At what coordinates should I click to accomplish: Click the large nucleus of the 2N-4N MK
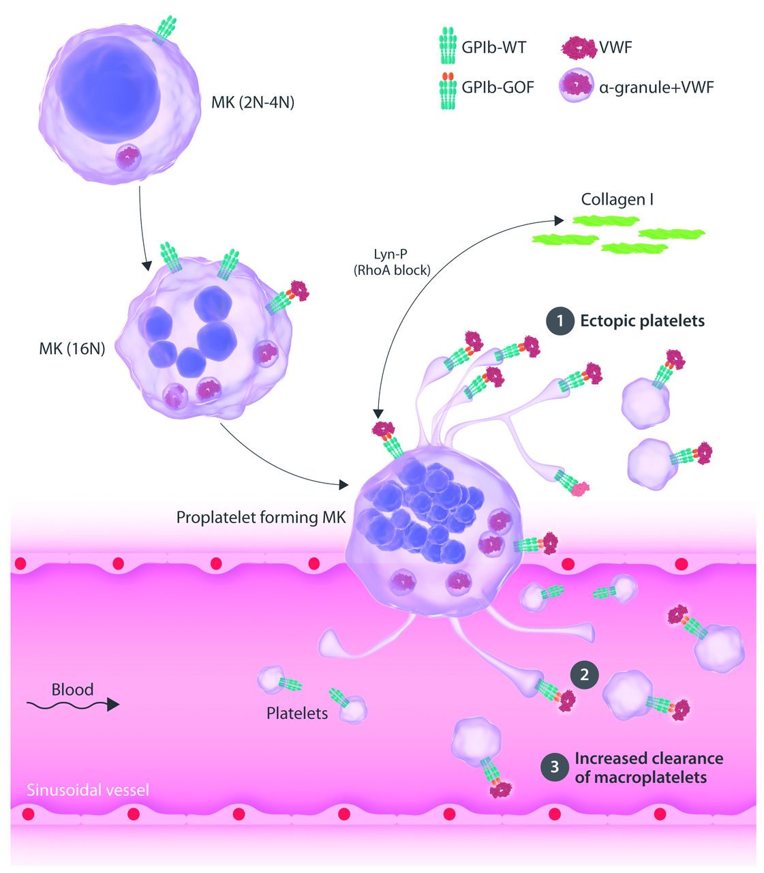[x=109, y=92]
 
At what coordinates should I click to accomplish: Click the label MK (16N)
[x=72, y=350]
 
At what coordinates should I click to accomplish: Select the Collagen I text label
[x=617, y=200]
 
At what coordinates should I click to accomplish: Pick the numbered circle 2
[x=584, y=675]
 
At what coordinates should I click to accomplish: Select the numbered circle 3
[x=555, y=767]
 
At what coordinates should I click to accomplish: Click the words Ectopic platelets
[x=642, y=321]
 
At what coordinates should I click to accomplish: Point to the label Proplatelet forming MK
[x=261, y=517]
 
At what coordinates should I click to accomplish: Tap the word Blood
[x=72, y=689]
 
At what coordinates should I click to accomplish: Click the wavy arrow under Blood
[x=72, y=705]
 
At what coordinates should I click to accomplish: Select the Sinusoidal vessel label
[x=88, y=790]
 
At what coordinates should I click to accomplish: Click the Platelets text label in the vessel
[x=297, y=713]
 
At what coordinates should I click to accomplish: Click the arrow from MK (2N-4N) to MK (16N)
[x=141, y=225]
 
